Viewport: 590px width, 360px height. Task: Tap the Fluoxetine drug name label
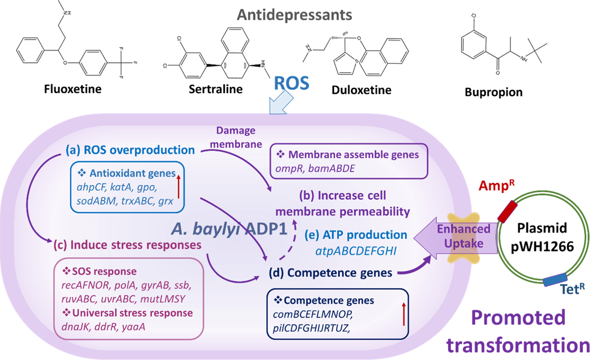click(73, 89)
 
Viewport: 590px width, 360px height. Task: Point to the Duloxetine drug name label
click(362, 91)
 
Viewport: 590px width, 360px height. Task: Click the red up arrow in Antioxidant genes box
click(178, 185)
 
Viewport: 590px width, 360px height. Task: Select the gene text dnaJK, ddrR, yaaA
click(104, 327)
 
